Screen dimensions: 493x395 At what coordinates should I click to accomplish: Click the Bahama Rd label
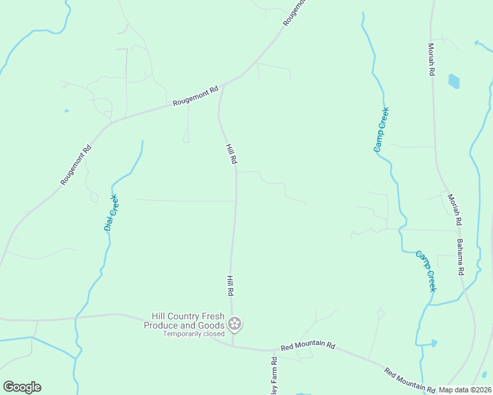461,257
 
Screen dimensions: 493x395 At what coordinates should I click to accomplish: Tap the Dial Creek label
111,213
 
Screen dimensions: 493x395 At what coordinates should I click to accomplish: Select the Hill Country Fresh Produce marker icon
235,324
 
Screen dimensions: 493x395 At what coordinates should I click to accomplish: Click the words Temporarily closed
194,334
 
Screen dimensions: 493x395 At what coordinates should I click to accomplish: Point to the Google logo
22,387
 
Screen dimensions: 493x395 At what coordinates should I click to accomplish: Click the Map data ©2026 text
465,390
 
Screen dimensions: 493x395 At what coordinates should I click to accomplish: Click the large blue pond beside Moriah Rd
453,81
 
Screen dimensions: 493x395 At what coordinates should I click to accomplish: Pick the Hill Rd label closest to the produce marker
231,285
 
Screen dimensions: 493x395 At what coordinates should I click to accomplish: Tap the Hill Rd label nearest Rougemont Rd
231,153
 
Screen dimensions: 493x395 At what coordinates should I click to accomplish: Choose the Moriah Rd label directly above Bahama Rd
454,210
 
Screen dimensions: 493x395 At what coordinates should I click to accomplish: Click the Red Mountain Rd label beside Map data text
409,380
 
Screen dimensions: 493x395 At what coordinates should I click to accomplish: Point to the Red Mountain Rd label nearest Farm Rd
308,346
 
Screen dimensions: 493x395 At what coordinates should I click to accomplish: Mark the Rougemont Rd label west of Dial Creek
76,165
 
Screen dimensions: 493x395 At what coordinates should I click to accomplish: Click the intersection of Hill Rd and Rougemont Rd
224,84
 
